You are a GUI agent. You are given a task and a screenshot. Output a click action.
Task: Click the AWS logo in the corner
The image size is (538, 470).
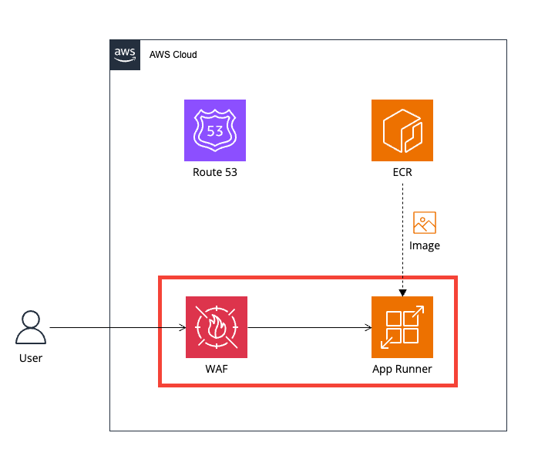pos(125,54)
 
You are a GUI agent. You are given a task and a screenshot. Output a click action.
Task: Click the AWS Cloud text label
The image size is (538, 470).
pos(173,55)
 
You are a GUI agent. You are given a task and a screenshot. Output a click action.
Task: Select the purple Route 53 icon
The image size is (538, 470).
pos(215,130)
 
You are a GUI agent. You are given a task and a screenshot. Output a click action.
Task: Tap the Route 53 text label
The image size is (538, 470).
pos(215,172)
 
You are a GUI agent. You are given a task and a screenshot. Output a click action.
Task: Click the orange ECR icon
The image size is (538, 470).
pos(402,130)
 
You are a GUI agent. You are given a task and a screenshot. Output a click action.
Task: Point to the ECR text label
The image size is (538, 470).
pos(402,172)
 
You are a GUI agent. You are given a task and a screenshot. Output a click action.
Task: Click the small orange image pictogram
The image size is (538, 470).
pos(425,222)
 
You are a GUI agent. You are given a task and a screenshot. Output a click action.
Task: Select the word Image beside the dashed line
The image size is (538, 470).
pos(425,245)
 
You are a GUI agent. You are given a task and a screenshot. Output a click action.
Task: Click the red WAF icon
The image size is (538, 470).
pos(217,327)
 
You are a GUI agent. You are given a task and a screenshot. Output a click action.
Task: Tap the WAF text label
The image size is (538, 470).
pos(217,369)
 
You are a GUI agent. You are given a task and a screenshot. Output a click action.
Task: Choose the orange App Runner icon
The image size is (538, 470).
pos(402,327)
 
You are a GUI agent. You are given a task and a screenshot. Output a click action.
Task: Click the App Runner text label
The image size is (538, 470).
pos(402,369)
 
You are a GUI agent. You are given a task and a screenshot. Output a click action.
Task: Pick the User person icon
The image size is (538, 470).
pos(31,327)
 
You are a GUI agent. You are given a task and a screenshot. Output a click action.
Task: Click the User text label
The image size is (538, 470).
pos(31,358)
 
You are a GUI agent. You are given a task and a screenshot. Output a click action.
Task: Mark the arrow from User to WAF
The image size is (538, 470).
pos(116,328)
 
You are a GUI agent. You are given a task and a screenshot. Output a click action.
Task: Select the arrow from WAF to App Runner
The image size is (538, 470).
pos(308,328)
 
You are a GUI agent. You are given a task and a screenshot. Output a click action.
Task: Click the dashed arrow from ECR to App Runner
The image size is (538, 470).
pos(402,232)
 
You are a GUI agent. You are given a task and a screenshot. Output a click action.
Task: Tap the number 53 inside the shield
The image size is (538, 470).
pos(215,130)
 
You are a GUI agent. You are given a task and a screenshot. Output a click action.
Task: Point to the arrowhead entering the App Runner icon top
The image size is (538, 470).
pos(402,292)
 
